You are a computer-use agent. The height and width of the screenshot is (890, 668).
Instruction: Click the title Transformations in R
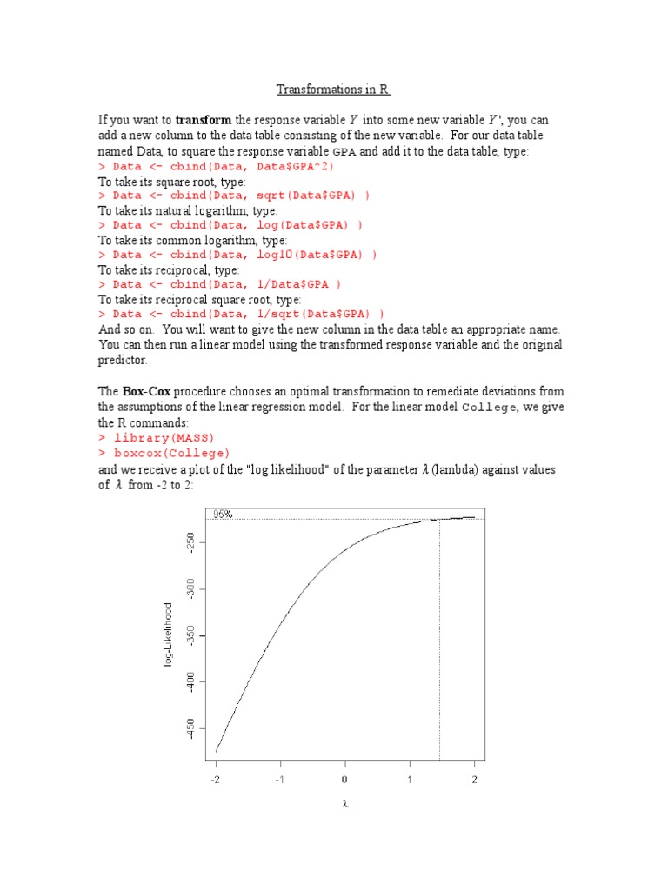pos(333,90)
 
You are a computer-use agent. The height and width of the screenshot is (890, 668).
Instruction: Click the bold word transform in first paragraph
pos(201,120)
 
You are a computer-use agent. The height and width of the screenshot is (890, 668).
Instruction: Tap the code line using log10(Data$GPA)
pos(237,255)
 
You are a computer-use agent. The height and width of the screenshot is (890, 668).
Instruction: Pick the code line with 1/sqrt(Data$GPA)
pos(241,314)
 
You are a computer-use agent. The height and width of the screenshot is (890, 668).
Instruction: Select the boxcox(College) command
pos(164,453)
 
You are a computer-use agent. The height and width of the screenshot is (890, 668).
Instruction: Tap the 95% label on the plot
pos(222,514)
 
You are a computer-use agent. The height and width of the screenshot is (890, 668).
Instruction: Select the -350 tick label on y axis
pos(190,640)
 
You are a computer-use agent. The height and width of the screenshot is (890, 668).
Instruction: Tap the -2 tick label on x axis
pos(216,779)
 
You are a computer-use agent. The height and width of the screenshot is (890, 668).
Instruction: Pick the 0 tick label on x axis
pos(344,779)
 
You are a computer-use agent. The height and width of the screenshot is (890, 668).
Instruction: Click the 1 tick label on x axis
pos(410,779)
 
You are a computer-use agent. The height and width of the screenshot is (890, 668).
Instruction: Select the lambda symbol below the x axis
pos(344,804)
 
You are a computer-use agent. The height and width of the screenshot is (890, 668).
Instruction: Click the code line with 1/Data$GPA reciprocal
pos(219,284)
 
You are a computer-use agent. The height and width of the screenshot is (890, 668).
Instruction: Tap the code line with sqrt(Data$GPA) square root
pos(234,196)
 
